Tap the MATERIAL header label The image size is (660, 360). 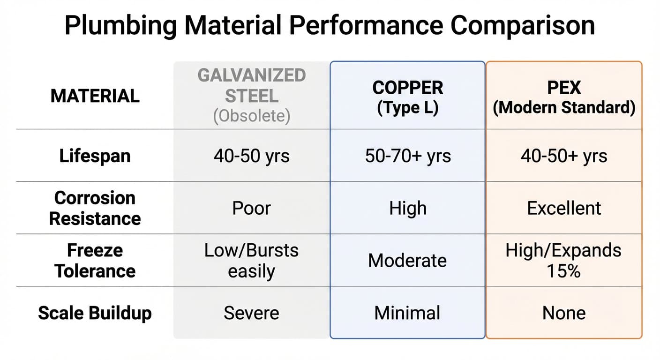pos(95,96)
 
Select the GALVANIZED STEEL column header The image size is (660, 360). pos(252,86)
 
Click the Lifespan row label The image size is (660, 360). pos(95,156)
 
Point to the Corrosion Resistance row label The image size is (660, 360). pos(95,208)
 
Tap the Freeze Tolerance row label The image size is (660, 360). pos(95,261)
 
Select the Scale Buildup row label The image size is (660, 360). pos(95,313)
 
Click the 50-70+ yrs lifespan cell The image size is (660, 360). pos(407,156)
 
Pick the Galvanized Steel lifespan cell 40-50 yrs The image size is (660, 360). pos(252,156)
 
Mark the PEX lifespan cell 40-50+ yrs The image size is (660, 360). pos(564,156)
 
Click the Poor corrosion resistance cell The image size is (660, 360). pos(252,208)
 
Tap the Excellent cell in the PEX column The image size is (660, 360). pos(564,208)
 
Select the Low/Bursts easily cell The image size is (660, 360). pos(252,261)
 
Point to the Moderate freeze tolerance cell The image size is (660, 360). pos(407,261)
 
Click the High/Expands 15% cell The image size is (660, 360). pos(564,261)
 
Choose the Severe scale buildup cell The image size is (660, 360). pos(252,313)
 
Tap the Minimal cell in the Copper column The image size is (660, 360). pos(407,313)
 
